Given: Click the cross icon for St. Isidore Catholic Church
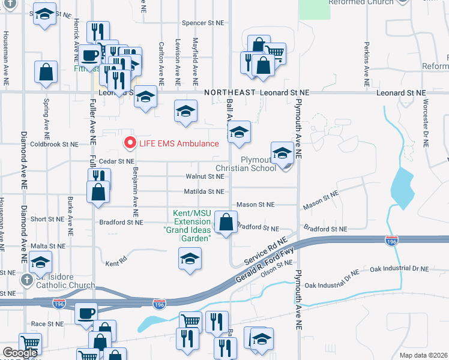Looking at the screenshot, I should pyautogui.click(x=26, y=280).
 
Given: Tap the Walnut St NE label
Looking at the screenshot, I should pyautogui.click(x=205, y=176).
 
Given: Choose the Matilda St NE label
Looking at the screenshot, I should pyautogui.click(x=205, y=192).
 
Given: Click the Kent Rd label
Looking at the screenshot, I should pyautogui.click(x=117, y=263).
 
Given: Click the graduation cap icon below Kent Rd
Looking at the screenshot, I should pyautogui.click(x=190, y=259).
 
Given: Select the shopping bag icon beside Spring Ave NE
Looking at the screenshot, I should pyautogui.click(x=46, y=73).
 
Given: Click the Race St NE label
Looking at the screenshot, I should pyautogui.click(x=47, y=323).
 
